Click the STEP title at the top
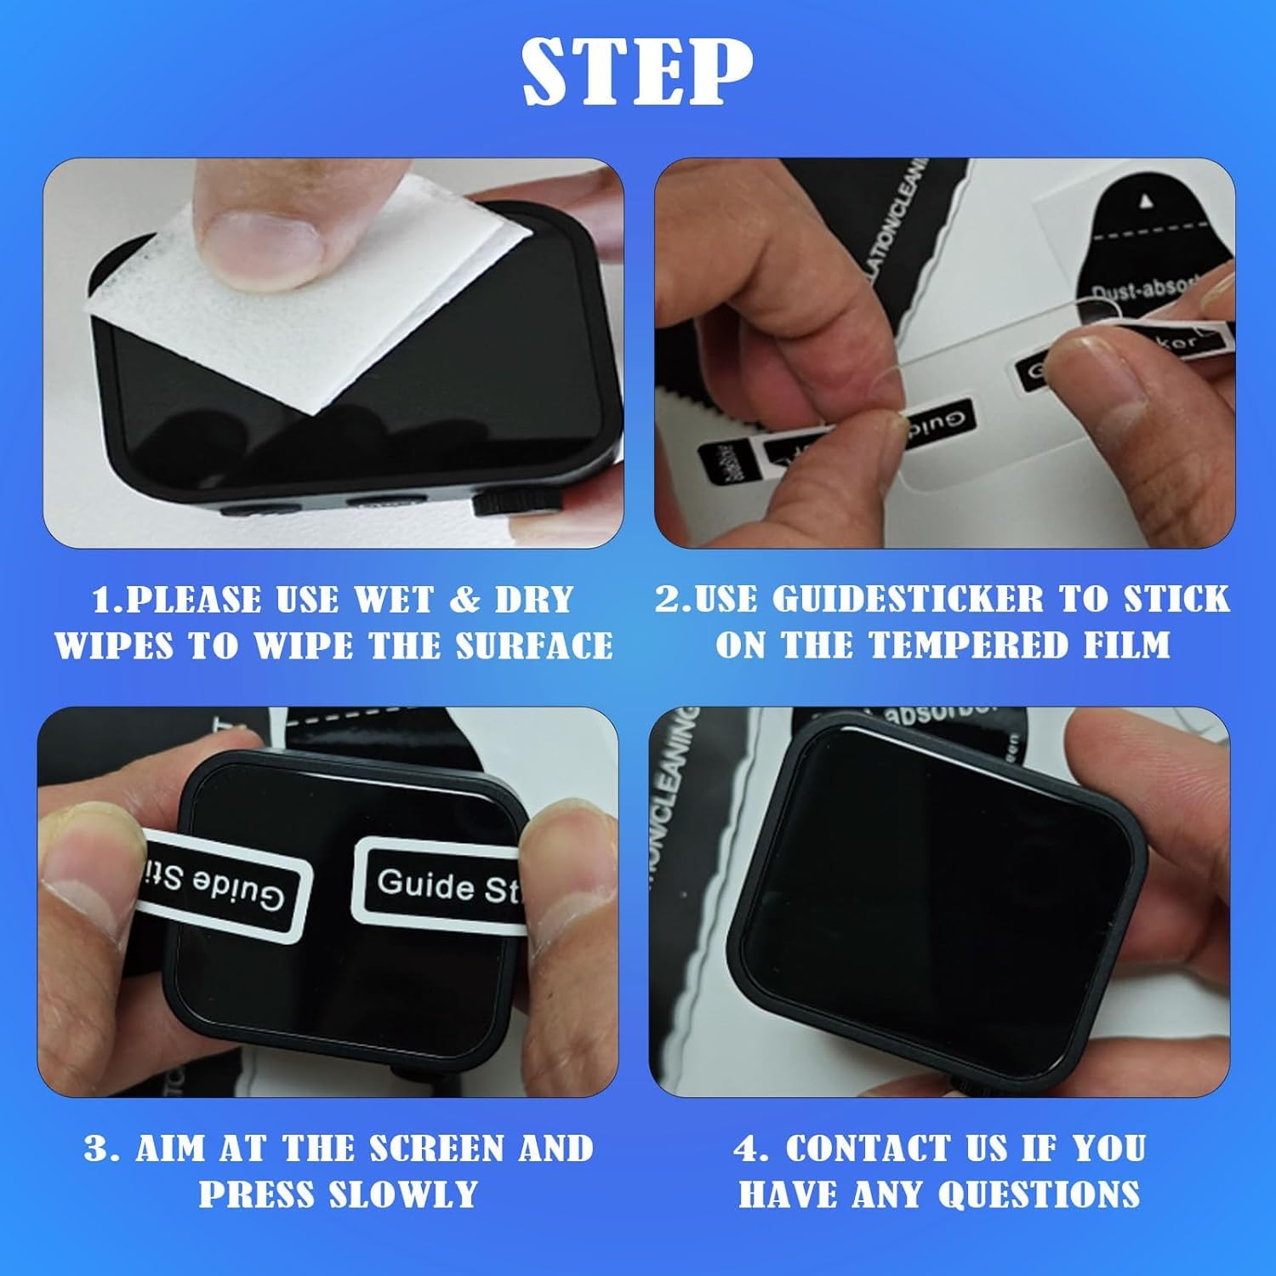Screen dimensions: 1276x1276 coord(637,71)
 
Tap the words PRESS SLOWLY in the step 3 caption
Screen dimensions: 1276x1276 coord(338,1193)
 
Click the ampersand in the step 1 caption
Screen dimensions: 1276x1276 coord(464,600)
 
